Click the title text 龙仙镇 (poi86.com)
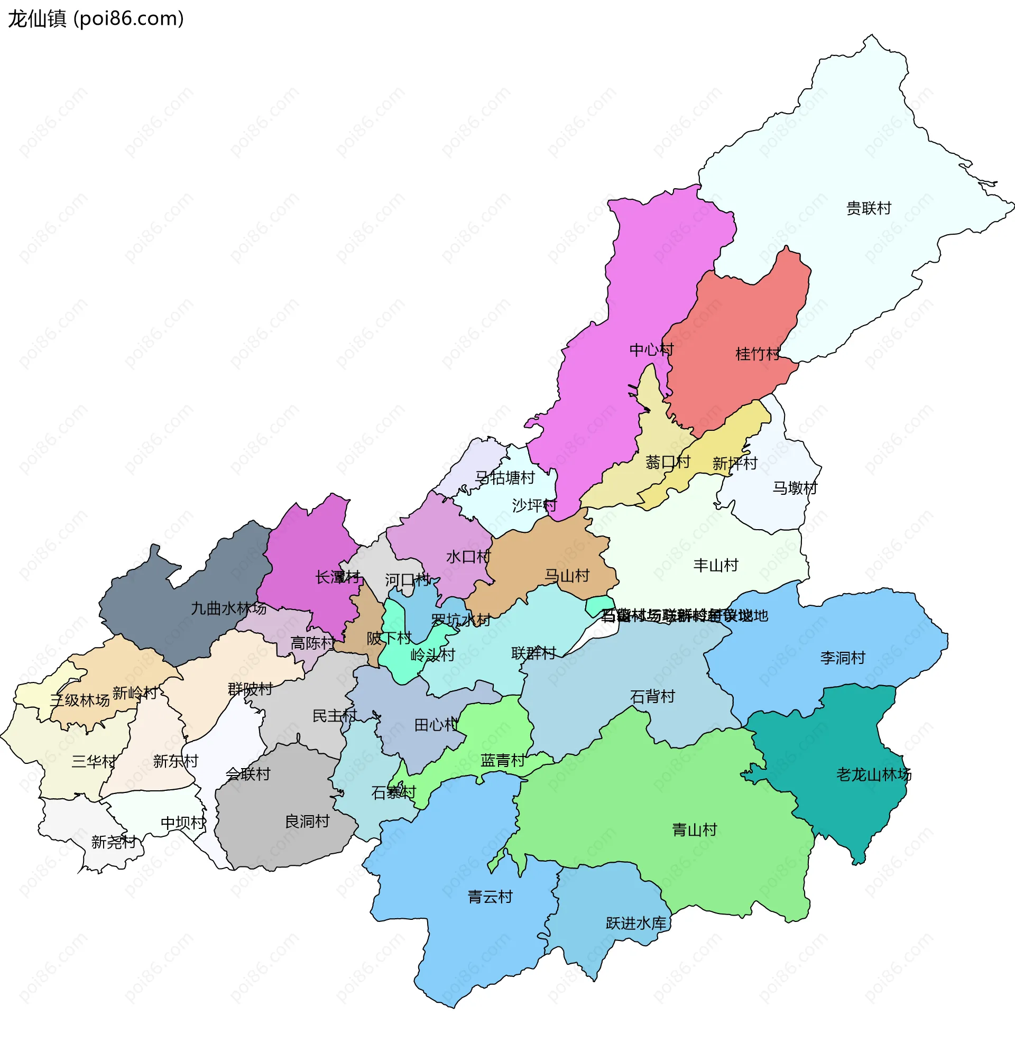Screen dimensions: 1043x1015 click(96, 19)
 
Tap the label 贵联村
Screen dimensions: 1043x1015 click(869, 208)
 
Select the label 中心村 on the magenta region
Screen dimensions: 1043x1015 click(651, 350)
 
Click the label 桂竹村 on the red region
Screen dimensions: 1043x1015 click(758, 354)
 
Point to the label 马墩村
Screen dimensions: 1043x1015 click(795, 487)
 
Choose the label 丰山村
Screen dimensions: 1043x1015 click(715, 566)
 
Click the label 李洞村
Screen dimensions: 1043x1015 click(842, 658)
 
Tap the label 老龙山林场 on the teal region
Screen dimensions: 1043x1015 click(874, 774)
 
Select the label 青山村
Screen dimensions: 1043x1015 click(694, 830)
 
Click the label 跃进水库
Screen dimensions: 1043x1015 click(636, 924)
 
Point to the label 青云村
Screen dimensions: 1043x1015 click(490, 897)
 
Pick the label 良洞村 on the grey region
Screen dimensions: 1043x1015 click(307, 822)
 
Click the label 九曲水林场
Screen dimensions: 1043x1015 click(228, 608)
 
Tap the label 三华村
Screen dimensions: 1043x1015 click(94, 762)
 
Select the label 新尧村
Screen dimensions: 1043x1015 click(114, 842)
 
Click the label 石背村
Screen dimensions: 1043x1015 click(652, 697)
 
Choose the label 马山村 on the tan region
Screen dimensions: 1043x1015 click(567, 576)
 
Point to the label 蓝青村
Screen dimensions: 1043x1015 click(503, 761)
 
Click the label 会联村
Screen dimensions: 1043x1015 click(248, 774)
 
